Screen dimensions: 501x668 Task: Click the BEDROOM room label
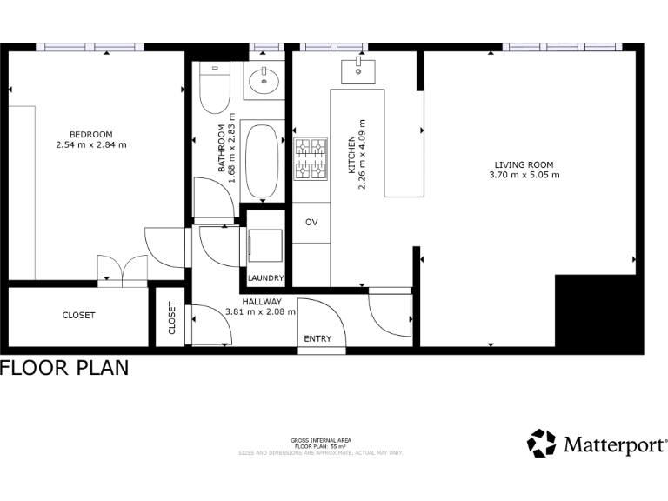[91, 133]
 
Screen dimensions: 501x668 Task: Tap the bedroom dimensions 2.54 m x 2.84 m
[91, 144]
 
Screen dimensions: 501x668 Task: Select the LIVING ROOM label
[524, 164]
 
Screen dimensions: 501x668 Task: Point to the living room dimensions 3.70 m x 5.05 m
[524, 175]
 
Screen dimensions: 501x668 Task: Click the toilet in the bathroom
[213, 90]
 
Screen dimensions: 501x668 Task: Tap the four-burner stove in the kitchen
[311, 159]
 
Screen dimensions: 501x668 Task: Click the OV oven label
[311, 222]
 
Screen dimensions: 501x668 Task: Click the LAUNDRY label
[265, 278]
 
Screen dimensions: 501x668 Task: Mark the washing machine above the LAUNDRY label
[265, 244]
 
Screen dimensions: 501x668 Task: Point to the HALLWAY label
[260, 300]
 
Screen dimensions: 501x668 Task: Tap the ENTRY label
[317, 339]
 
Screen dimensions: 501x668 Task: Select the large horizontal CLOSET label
[78, 315]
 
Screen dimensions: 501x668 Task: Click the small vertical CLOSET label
[171, 318]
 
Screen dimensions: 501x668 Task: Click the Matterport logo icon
[541, 444]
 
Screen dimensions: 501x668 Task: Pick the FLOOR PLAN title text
[64, 368]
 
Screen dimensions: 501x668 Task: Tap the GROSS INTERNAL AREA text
[321, 441]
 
